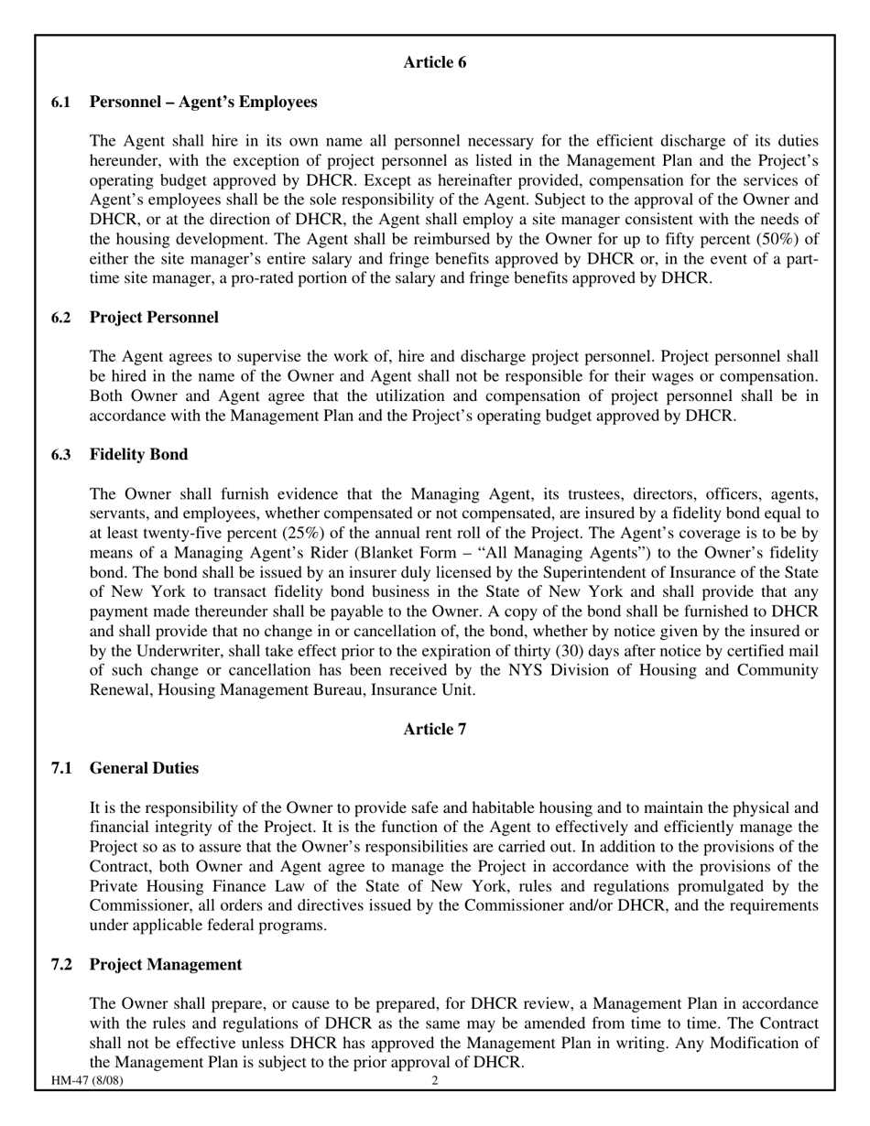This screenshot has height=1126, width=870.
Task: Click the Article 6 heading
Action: (434, 62)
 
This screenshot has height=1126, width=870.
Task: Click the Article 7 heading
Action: (434, 729)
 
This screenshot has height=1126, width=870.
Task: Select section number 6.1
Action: (61, 102)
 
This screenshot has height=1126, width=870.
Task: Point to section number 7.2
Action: (61, 964)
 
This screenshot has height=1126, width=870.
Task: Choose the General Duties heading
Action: (144, 767)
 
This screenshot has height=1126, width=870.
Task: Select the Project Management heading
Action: (166, 964)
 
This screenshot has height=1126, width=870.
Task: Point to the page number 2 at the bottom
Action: (435, 1080)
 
